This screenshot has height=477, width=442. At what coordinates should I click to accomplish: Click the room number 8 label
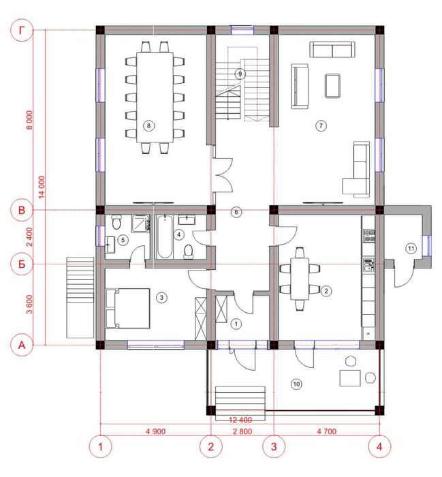[x=148, y=125]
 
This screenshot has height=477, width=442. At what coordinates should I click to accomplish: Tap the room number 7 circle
[x=321, y=125]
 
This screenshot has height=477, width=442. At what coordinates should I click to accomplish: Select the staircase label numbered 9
[x=240, y=74]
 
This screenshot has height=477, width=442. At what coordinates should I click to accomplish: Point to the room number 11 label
[x=411, y=249]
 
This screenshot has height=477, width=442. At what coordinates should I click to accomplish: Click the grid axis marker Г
[x=22, y=30]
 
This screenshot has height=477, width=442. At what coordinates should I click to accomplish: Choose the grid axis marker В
[x=22, y=210]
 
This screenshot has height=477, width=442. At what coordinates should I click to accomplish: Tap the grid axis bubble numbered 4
[x=379, y=446]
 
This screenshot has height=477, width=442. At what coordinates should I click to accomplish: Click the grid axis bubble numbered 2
[x=211, y=446]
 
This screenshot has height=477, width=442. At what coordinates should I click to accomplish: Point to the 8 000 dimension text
[x=29, y=119]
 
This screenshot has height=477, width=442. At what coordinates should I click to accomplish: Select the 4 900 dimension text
[x=156, y=431]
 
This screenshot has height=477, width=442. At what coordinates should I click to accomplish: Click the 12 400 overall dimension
[x=240, y=420]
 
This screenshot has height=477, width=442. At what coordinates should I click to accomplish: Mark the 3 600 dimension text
[x=29, y=304]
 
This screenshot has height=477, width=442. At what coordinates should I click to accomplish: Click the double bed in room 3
[x=128, y=309]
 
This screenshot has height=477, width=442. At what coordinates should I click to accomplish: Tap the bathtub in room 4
[x=165, y=236]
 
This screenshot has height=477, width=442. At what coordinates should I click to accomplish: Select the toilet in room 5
[x=116, y=222]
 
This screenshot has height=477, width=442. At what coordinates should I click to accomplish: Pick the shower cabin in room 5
[x=140, y=224]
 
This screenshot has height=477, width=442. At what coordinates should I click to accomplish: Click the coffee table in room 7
[x=332, y=86]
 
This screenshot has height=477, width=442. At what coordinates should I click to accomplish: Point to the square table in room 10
[x=350, y=378]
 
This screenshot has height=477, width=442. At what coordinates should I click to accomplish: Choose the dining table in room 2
[x=300, y=279]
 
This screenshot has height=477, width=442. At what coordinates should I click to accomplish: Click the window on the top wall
[x=242, y=30]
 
